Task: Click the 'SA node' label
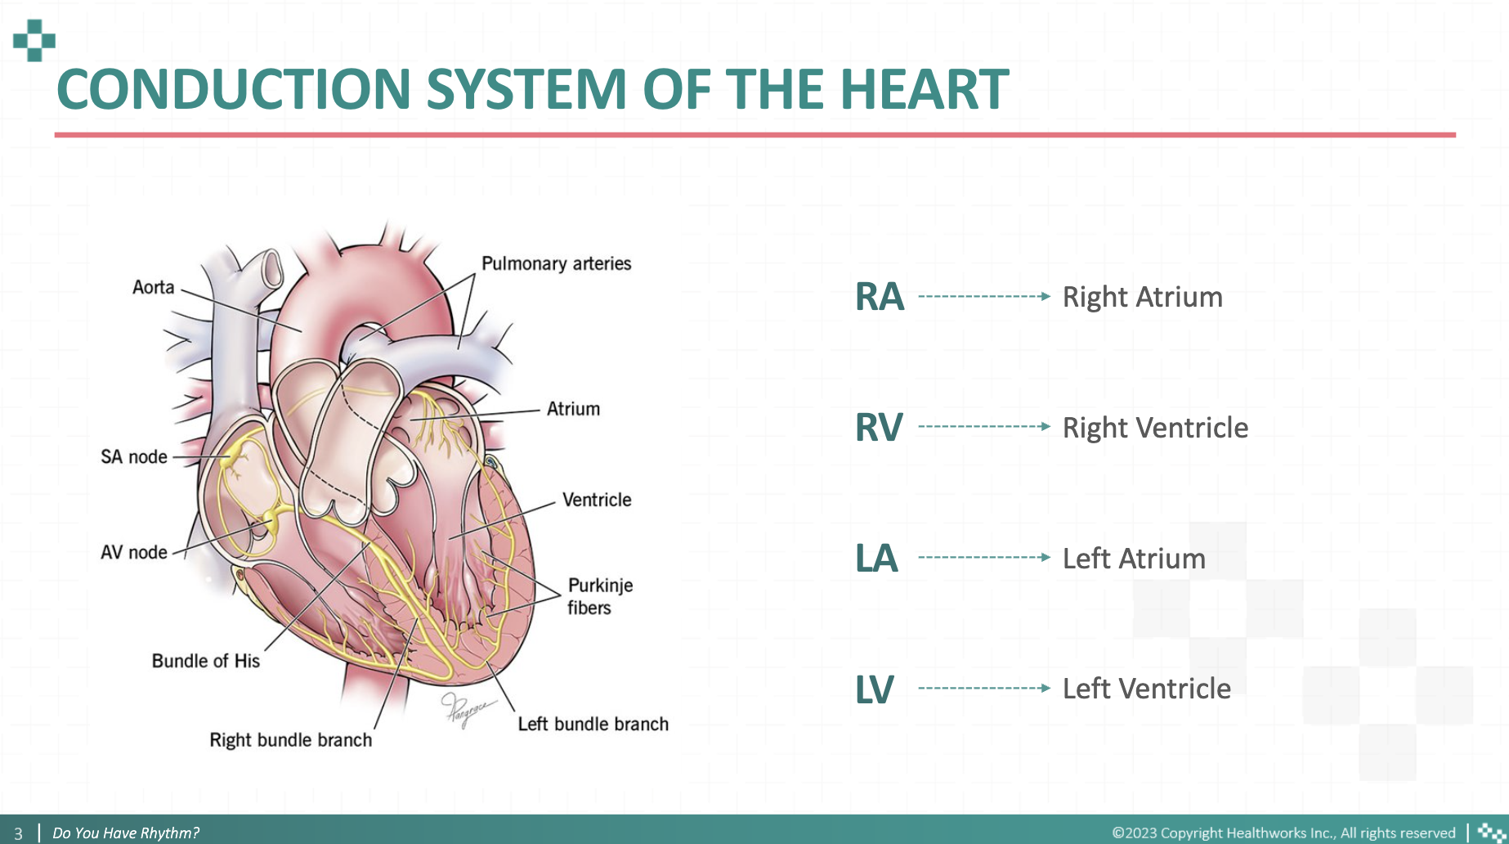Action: pos(134,456)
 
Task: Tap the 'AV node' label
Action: pos(134,552)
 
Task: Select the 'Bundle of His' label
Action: pos(206,661)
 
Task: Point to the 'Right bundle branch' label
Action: pos(291,739)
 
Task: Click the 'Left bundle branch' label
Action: pos(593,724)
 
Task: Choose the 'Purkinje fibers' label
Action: pos(600,596)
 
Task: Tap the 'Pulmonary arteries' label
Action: pos(557,263)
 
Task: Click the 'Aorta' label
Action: pos(154,287)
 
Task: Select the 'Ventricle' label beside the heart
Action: pos(597,500)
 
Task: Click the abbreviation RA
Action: pos(880,297)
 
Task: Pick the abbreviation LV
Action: pos(875,689)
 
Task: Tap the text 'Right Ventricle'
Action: pos(1155,428)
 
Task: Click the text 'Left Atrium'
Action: pos(1134,559)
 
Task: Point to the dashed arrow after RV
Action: pos(984,426)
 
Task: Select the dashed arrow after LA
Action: pos(984,557)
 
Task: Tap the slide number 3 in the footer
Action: pos(18,833)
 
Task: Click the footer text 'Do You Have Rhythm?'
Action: pos(126,833)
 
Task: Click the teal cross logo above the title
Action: pos(34,40)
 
